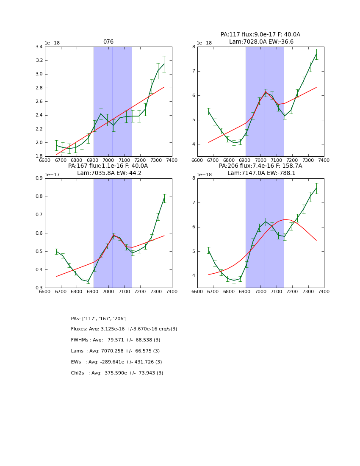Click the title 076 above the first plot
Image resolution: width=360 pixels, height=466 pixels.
(x=108, y=42)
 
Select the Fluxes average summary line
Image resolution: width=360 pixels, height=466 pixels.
(x=124, y=329)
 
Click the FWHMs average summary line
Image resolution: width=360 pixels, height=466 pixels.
(x=116, y=340)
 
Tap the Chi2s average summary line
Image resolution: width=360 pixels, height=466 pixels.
(x=117, y=373)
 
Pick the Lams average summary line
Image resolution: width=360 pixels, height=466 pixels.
(x=115, y=351)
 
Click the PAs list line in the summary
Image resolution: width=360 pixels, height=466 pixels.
(x=99, y=319)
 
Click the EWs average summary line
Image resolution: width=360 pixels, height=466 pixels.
(x=116, y=362)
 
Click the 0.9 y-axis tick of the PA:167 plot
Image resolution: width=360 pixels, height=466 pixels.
(x=38, y=178)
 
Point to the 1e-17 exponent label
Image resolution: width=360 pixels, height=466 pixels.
(x=53, y=175)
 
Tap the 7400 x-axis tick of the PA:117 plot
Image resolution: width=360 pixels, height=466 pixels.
(x=324, y=160)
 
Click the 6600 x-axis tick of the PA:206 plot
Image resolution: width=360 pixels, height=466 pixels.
(x=197, y=291)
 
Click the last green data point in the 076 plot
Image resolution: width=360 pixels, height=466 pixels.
(x=164, y=64)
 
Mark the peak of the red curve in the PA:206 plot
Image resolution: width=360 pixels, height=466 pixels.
(x=285, y=219)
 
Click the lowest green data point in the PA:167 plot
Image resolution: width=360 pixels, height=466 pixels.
(x=88, y=281)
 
